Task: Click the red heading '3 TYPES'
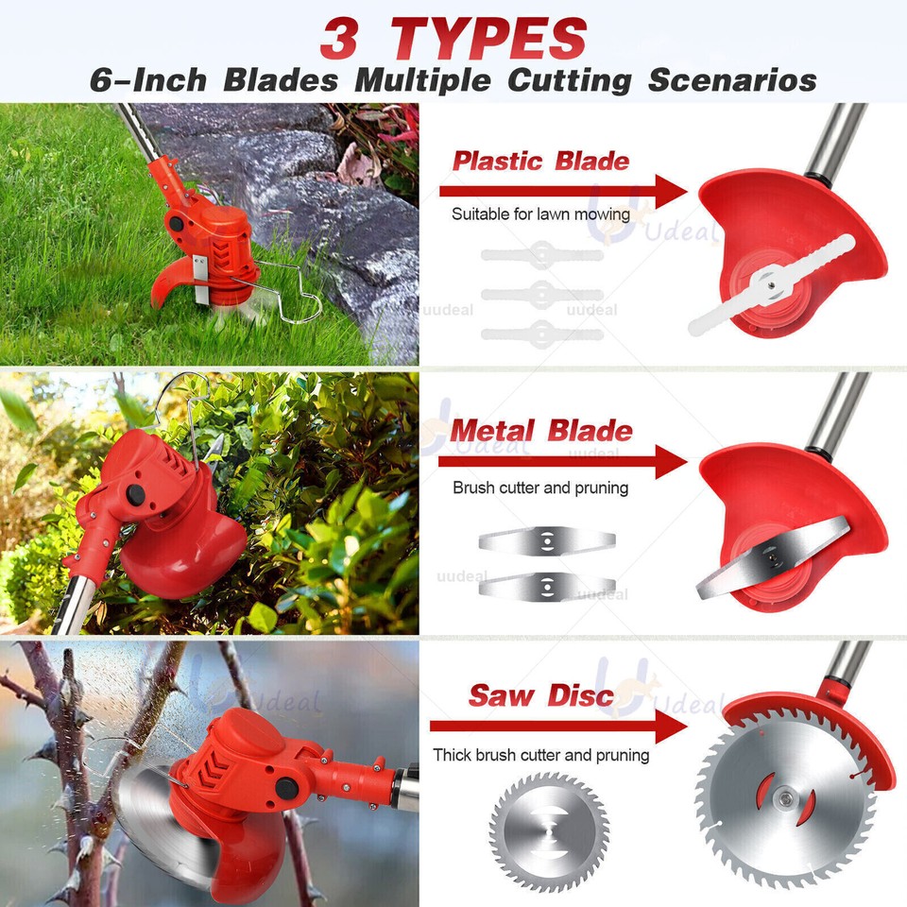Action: (x=453, y=38)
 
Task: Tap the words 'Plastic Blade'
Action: (x=540, y=160)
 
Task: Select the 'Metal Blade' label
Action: (x=540, y=431)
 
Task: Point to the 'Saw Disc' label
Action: (x=541, y=697)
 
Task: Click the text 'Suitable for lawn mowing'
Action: (x=540, y=214)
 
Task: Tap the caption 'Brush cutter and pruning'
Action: (x=540, y=488)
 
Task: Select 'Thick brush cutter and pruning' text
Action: (x=541, y=755)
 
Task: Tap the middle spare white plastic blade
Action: (x=541, y=293)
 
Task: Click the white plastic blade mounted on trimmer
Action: (x=770, y=281)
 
